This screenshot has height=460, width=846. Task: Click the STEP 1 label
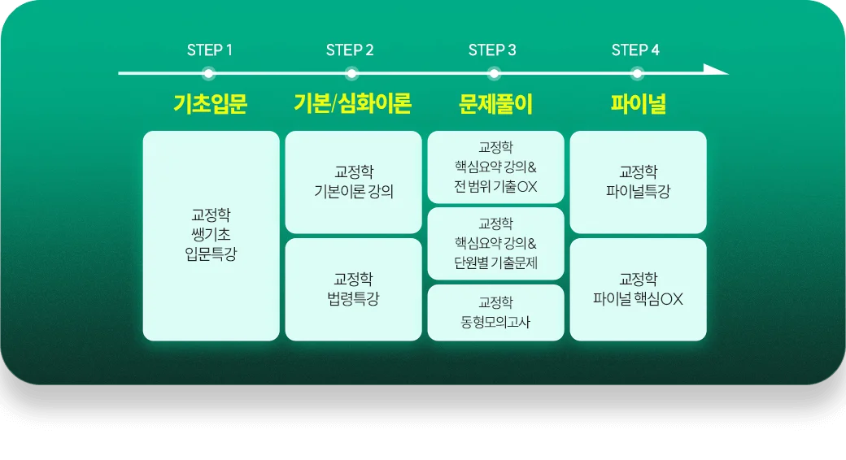click(x=210, y=50)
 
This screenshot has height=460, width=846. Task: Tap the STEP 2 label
click(x=350, y=50)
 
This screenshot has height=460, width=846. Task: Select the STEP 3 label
click(x=492, y=50)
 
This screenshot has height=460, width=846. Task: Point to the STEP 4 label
click(x=635, y=50)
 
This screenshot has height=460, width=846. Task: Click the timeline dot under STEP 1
click(x=209, y=73)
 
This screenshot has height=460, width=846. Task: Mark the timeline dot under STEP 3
click(x=494, y=73)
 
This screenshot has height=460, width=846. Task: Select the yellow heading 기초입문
click(x=210, y=104)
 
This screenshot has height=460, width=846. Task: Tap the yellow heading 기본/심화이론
click(x=352, y=104)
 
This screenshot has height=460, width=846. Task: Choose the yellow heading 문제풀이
click(x=495, y=104)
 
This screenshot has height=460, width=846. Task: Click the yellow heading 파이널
click(x=638, y=104)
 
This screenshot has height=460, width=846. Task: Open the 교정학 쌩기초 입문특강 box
click(x=211, y=235)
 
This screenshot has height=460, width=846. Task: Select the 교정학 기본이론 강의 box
click(x=353, y=182)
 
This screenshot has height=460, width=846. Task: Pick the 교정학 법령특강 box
click(x=353, y=289)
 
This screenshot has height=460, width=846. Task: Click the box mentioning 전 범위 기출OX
click(x=495, y=167)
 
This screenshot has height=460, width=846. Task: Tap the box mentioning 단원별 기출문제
click(x=495, y=243)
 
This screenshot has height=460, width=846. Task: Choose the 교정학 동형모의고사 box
click(x=495, y=312)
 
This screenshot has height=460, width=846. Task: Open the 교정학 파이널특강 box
click(x=638, y=182)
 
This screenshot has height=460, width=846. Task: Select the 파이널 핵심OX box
click(x=638, y=289)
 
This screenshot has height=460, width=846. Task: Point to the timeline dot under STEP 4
click(x=636, y=73)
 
